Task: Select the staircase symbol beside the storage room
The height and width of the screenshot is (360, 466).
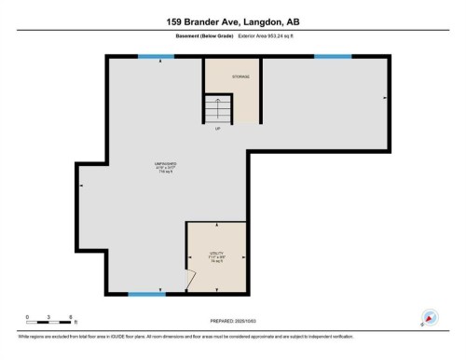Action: pos(217,111)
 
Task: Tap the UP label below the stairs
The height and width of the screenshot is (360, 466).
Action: pos(217,130)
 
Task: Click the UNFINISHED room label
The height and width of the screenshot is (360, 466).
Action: pos(166,164)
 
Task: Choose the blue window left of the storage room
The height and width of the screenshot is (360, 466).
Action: pos(156,57)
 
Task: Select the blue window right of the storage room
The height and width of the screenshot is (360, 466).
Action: pos(332,57)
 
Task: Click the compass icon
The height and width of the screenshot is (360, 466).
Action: pos(430,318)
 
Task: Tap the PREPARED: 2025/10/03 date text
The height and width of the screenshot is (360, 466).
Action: pos(224,320)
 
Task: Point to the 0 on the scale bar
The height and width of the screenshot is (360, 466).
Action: pos(28,317)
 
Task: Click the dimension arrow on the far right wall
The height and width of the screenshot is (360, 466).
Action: pos(384,96)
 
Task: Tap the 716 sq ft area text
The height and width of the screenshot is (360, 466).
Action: pos(166,173)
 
